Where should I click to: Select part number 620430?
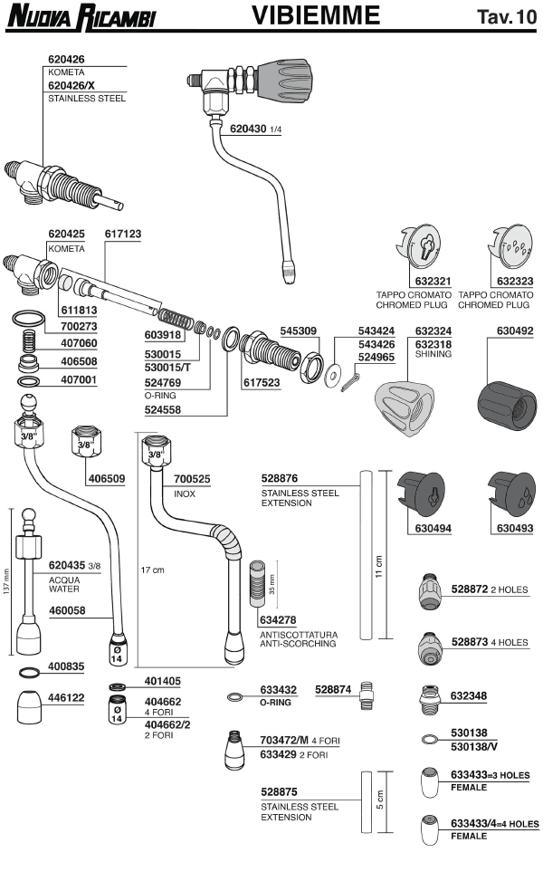(247, 129)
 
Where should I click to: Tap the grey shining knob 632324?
(405, 403)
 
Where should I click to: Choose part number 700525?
(192, 478)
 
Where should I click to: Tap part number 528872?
(470, 589)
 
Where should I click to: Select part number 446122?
(67, 698)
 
